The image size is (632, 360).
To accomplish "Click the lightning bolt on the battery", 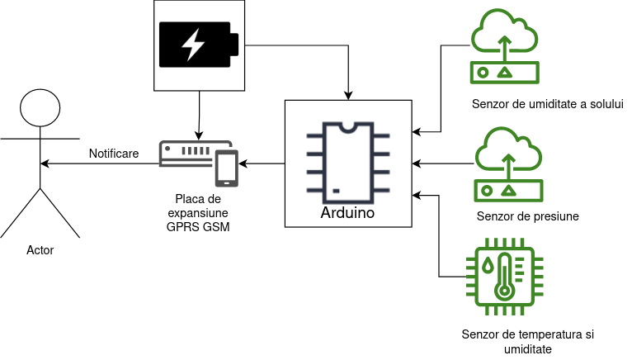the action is pyautogui.click(x=193, y=45).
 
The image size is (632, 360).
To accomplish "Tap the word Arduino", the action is pyautogui.click(x=348, y=213).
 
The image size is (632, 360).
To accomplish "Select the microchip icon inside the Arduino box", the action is pyautogui.click(x=348, y=163).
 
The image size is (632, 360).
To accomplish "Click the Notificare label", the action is pyautogui.click(x=114, y=154).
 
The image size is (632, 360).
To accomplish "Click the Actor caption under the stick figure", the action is pyautogui.click(x=40, y=250).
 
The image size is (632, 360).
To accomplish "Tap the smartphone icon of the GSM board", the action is pyautogui.click(x=227, y=168).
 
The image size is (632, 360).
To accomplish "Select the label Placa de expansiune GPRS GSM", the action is pyautogui.click(x=198, y=213).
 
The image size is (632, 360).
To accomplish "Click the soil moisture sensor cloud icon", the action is pyautogui.click(x=505, y=46).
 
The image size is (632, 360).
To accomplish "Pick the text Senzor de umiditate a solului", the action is pyautogui.click(x=547, y=104).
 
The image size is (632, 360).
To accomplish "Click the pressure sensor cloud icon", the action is pyautogui.click(x=509, y=164).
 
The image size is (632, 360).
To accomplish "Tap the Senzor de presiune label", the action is pyautogui.click(x=527, y=216).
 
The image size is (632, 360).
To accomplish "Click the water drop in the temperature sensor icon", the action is pyautogui.click(x=488, y=265).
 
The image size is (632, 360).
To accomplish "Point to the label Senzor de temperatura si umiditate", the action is pyautogui.click(x=527, y=342).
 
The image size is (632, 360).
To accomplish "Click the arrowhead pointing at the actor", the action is pyautogui.click(x=45, y=163).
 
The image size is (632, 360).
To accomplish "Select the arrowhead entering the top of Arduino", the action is pyautogui.click(x=348, y=96).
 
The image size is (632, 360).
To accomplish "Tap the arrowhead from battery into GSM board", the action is pyautogui.click(x=198, y=135).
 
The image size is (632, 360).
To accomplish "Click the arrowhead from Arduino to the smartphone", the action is pyautogui.click(x=243, y=163).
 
